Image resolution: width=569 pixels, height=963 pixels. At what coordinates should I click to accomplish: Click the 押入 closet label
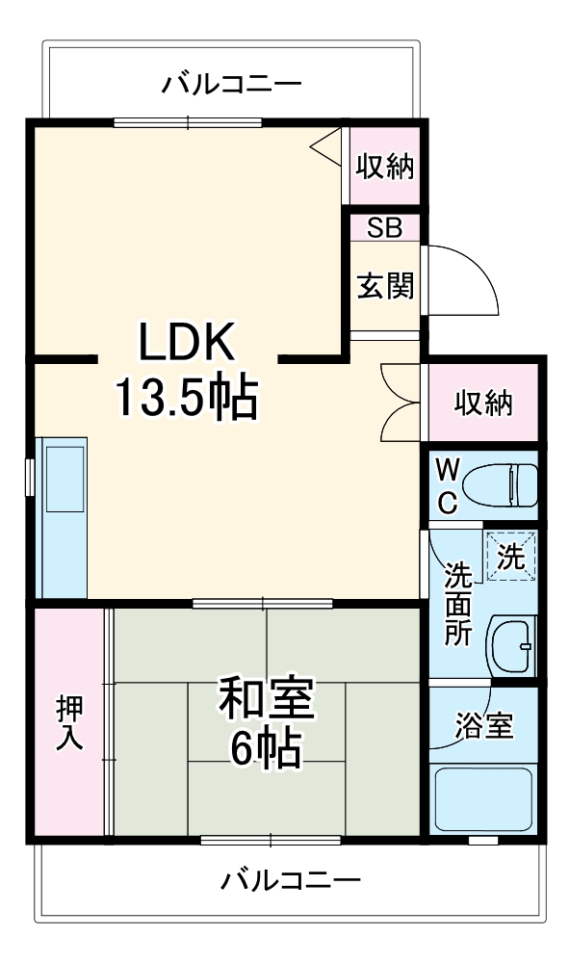tap(69, 722)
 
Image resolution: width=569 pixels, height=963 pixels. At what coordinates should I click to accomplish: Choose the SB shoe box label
tap(384, 228)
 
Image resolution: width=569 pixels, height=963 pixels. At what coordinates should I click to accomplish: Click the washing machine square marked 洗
tap(510, 556)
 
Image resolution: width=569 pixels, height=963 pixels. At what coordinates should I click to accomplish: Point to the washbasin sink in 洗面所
tap(512, 645)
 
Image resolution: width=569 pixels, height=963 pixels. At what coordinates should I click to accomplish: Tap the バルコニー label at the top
tap(231, 84)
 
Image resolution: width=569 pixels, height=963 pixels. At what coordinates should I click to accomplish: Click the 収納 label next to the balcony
tap(385, 167)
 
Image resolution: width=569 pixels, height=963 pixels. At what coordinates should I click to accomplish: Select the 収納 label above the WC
tap(483, 403)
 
